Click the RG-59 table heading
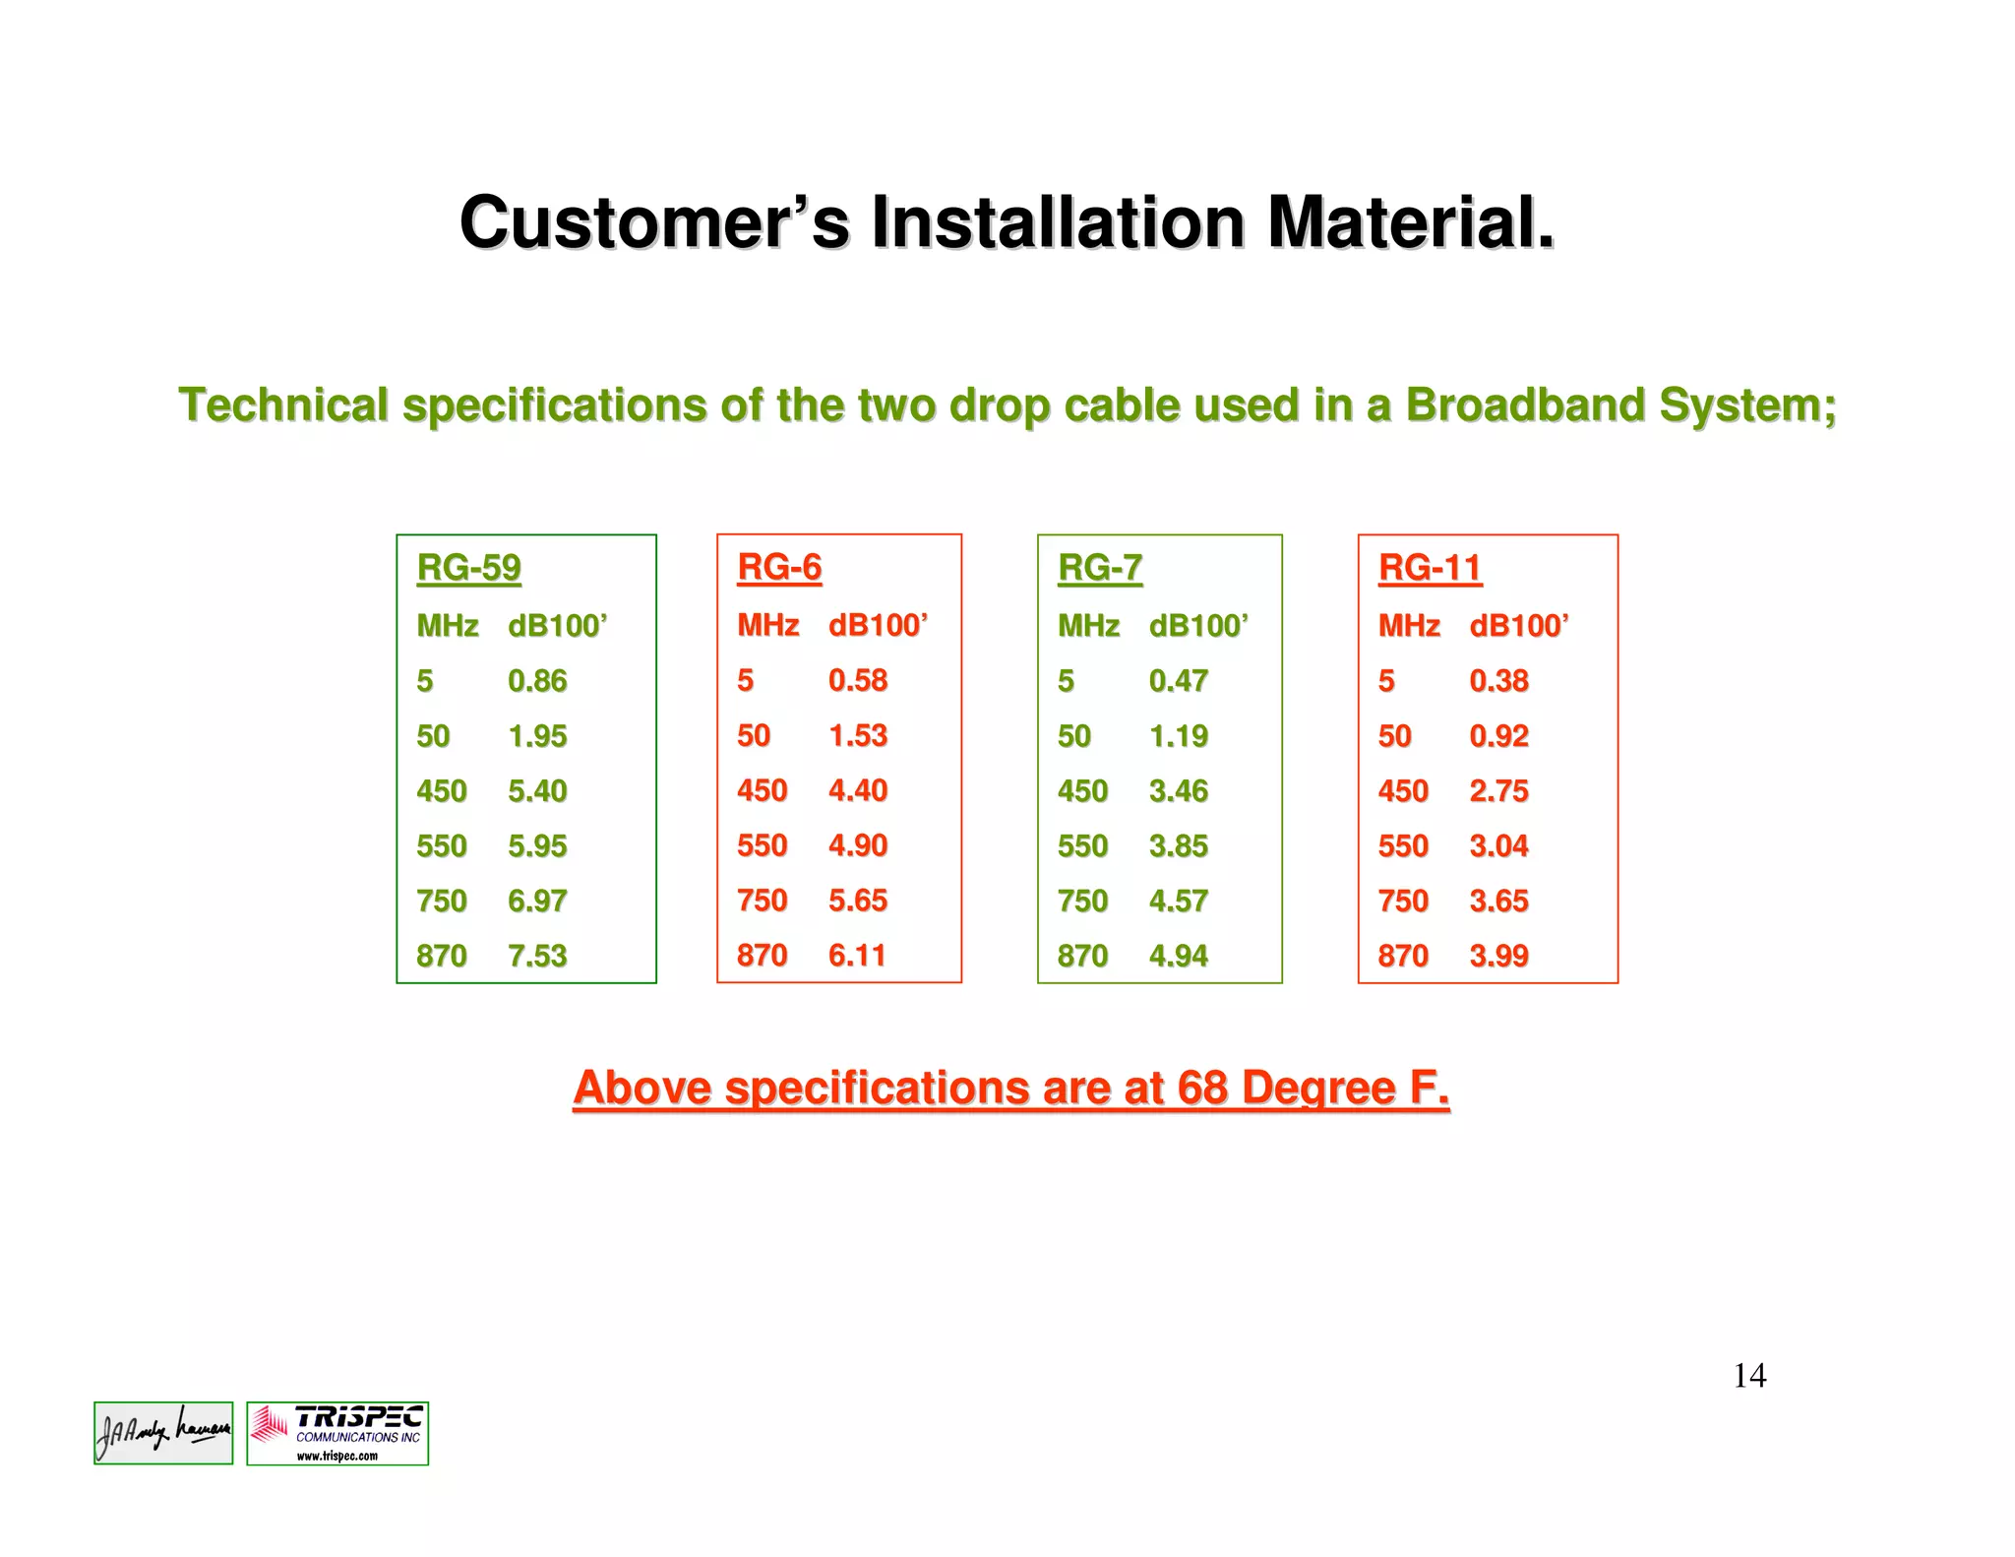pos(468,568)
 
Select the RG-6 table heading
pos(779,567)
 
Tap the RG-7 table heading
pos(1100,568)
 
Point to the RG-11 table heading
pos(1430,568)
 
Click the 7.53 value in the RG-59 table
pos(537,956)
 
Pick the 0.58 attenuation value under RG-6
pos(858,680)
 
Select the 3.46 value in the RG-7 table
pos(1179,790)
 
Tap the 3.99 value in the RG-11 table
pos(1498,956)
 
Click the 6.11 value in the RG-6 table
pos(857,955)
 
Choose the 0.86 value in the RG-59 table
pos(537,680)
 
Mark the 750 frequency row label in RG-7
pos(1082,901)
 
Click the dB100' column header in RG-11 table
pos(1518,625)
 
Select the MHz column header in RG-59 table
pos(448,625)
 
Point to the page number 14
pos(1749,1375)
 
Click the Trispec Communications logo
pos(337,1433)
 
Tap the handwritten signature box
pos(163,1433)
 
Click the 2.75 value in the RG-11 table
pos(1498,790)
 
